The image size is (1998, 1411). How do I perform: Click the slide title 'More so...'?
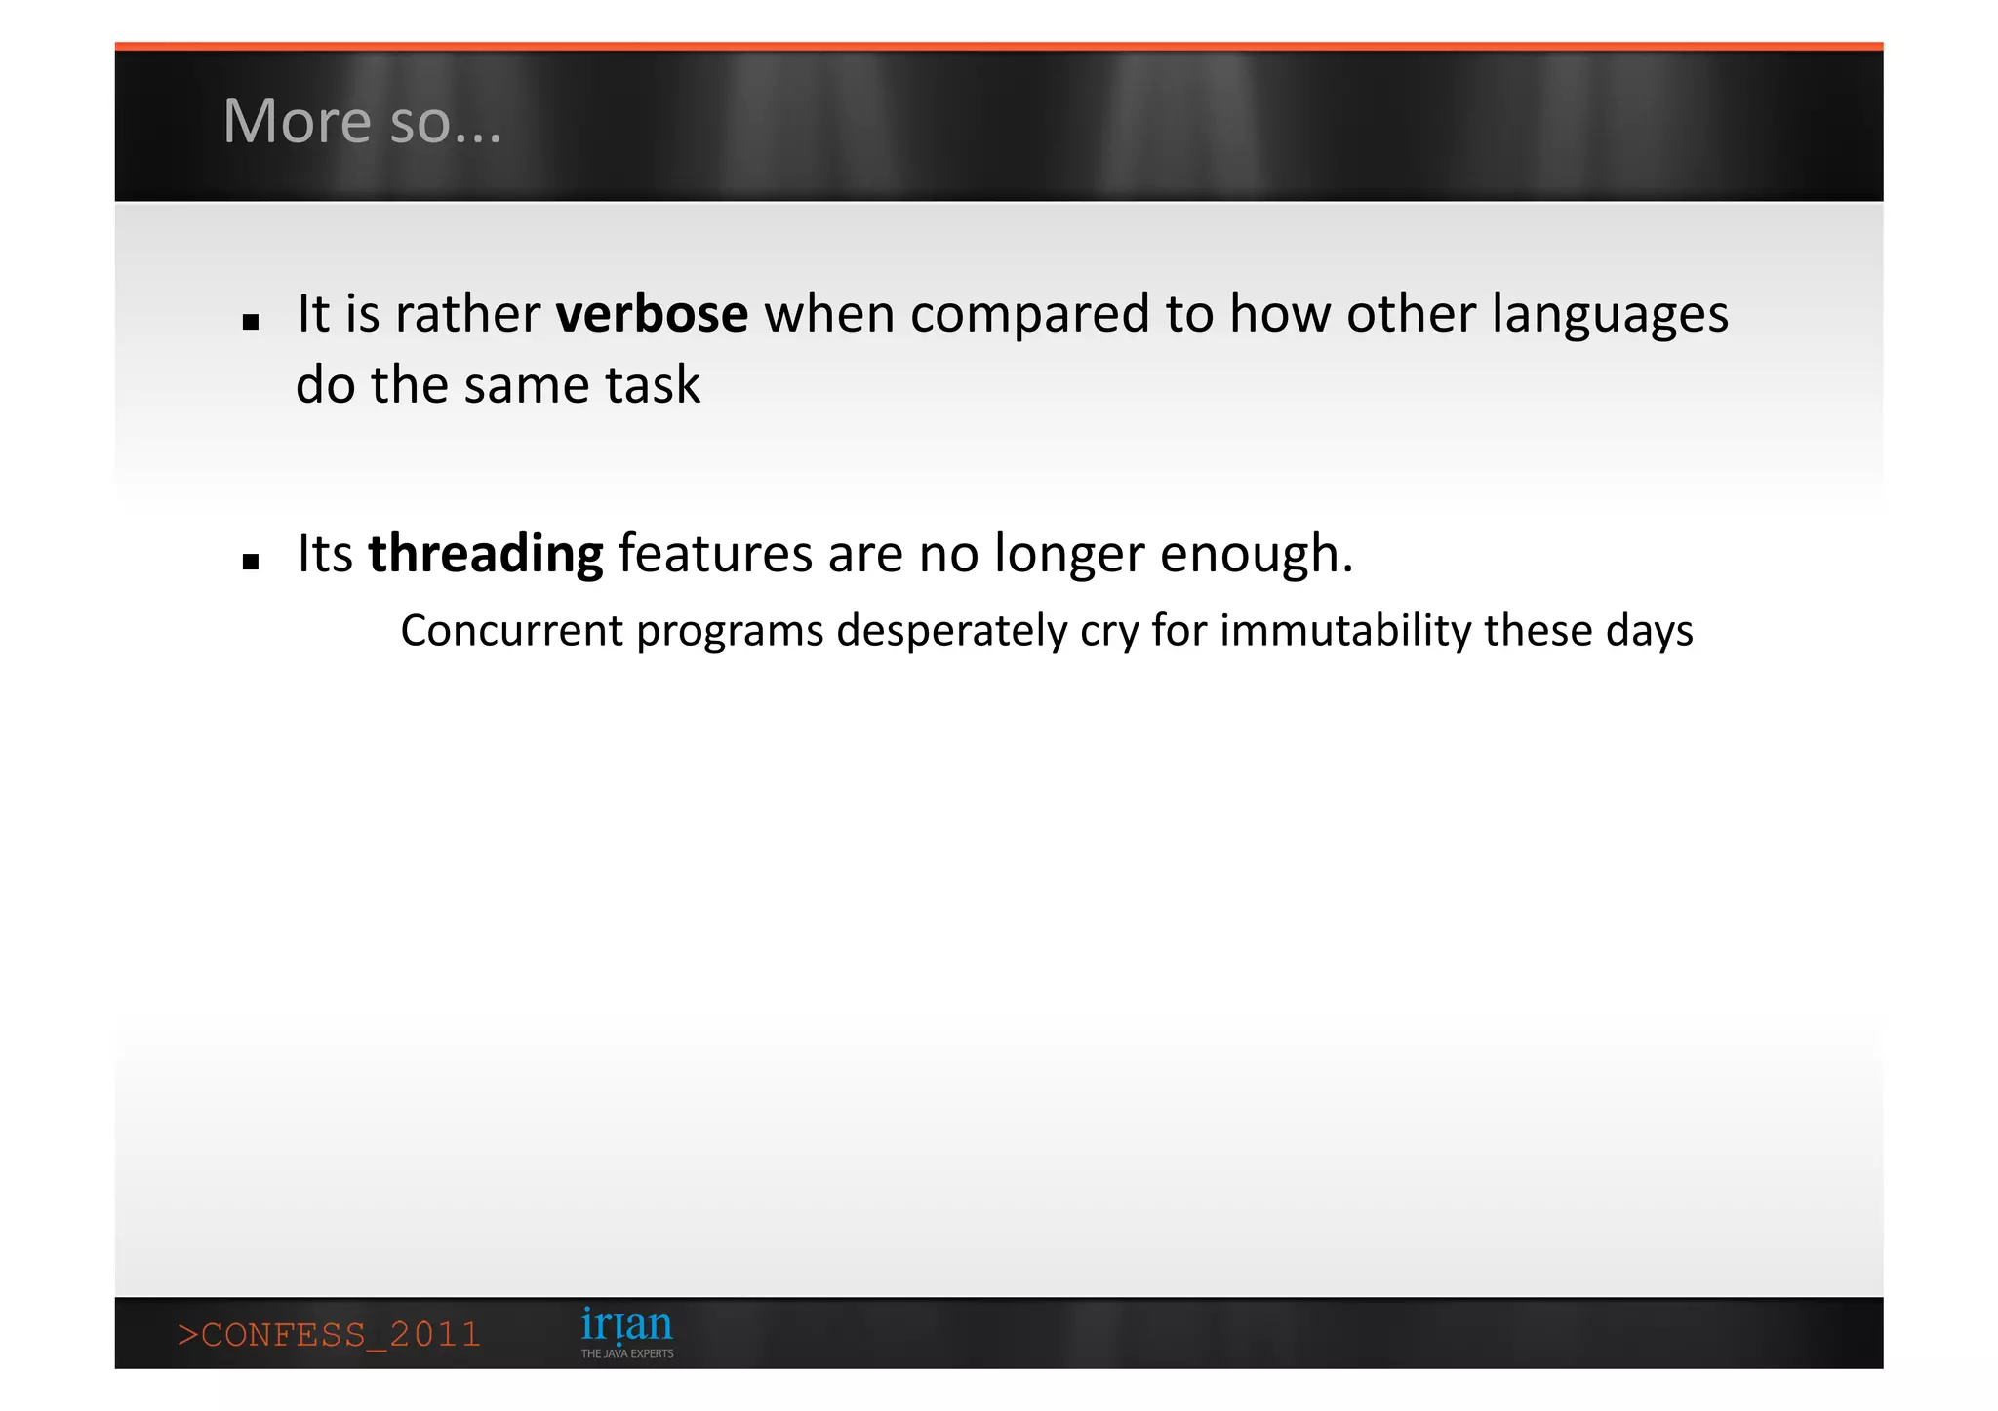[362, 122]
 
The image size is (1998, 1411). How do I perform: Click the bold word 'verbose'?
[652, 314]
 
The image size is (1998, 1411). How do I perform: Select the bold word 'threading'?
[485, 554]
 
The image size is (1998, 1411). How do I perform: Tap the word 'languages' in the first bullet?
[1610, 316]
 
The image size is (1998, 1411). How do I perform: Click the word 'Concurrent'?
[511, 630]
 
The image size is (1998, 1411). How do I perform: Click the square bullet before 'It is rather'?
[251, 322]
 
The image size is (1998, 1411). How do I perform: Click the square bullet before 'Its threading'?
[251, 562]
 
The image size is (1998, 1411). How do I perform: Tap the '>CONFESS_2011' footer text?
[330, 1334]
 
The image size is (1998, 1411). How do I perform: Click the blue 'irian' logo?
[626, 1325]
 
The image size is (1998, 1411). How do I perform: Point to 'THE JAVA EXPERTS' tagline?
[627, 1353]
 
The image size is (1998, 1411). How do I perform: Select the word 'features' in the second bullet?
[715, 554]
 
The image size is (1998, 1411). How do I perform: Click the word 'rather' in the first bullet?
[467, 314]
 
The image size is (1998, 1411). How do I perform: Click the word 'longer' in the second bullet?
[1068, 555]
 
